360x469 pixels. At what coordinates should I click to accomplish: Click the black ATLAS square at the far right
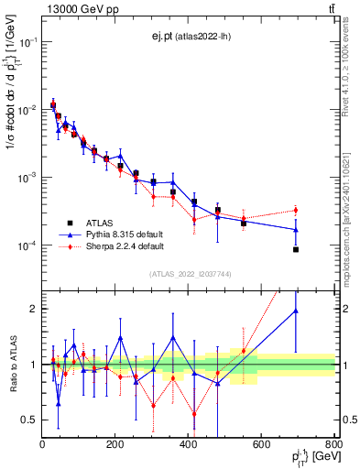(x=296, y=249)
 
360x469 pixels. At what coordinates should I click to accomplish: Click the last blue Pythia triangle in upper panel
(x=296, y=230)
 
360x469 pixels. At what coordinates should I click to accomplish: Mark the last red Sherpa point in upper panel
(x=296, y=211)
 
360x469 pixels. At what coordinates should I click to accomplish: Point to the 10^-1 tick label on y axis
(x=27, y=42)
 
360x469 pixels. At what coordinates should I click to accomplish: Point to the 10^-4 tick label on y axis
(x=27, y=245)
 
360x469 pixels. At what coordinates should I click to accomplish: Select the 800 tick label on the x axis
(x=334, y=446)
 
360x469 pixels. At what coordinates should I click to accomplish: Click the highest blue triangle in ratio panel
(x=296, y=311)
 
